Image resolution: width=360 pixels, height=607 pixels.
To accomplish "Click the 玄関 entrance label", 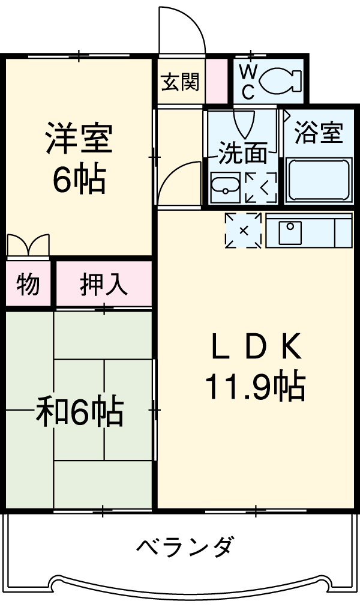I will click(x=179, y=82).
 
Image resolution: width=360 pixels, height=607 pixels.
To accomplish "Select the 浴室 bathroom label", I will click(x=319, y=133).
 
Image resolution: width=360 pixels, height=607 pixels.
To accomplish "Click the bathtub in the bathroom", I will click(x=318, y=179).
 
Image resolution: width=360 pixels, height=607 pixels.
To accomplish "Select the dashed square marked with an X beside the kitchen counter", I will click(x=244, y=230).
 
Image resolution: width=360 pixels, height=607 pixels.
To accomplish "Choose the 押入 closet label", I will click(x=104, y=284).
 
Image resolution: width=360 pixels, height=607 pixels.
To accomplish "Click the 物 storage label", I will click(x=28, y=284).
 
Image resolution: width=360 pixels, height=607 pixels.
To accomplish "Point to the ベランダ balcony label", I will click(x=184, y=547).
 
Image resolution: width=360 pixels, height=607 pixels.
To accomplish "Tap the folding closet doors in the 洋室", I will click(x=28, y=245).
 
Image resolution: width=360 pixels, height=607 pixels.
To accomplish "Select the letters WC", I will click(x=248, y=80).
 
